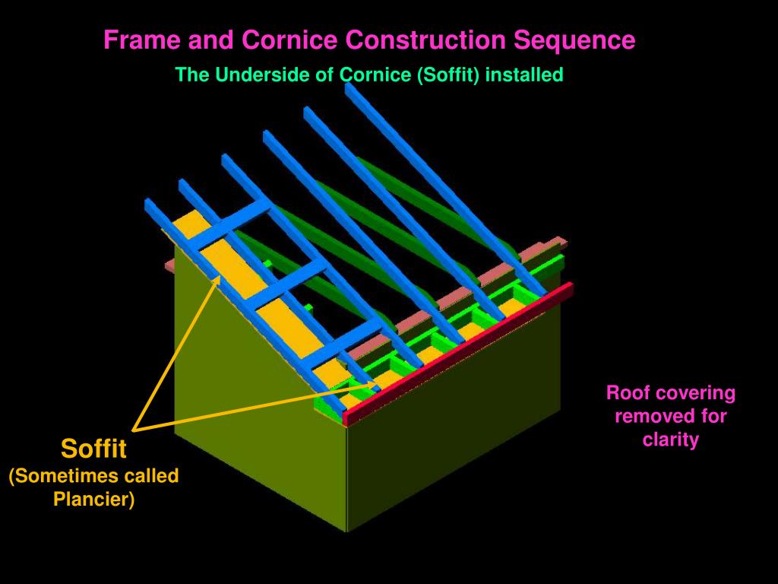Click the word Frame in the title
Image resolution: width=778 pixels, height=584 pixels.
coord(141,40)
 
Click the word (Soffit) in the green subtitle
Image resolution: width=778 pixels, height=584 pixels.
coord(448,75)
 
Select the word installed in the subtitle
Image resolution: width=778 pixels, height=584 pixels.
coord(524,75)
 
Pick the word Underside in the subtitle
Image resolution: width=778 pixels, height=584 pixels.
coord(264,75)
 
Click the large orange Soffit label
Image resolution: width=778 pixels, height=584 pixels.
coord(93,449)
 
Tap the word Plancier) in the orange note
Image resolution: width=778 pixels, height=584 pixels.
coord(93,499)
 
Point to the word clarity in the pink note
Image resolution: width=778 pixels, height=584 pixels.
coord(671,440)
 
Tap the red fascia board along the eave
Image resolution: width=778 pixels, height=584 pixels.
coord(458,354)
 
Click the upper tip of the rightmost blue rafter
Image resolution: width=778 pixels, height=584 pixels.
coord(348,87)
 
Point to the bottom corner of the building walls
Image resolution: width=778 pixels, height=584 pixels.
coord(346,532)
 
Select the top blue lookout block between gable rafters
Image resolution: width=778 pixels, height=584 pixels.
coord(229,224)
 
